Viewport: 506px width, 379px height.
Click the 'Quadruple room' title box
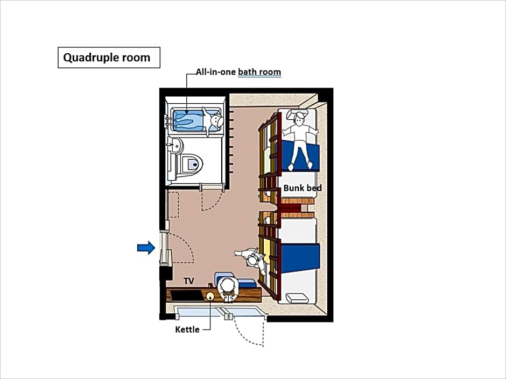(x=109, y=58)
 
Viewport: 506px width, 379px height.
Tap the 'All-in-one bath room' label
(x=238, y=71)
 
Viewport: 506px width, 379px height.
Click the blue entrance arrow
(x=146, y=247)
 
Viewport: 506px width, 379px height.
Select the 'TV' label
(x=189, y=281)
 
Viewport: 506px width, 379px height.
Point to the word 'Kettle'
(x=187, y=330)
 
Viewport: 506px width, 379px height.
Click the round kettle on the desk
(x=210, y=296)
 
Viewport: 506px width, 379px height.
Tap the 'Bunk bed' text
(x=303, y=188)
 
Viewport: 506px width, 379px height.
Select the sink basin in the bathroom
(x=176, y=146)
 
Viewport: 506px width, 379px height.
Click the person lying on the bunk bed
(x=300, y=139)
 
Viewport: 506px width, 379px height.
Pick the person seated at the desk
(x=228, y=289)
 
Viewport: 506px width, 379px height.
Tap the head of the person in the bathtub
(x=217, y=121)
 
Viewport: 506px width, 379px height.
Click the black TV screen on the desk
(x=186, y=295)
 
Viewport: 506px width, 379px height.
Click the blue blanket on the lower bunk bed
(x=300, y=258)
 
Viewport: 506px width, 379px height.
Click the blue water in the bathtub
(x=188, y=121)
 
